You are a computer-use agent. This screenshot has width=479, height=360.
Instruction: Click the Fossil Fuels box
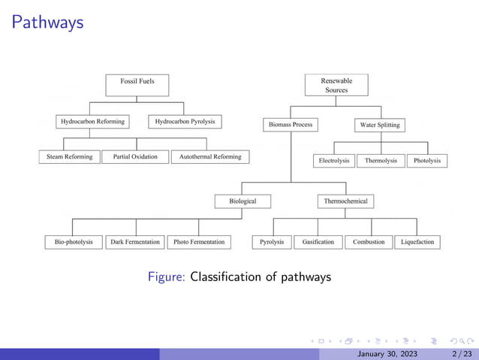pyautogui.click(x=137, y=81)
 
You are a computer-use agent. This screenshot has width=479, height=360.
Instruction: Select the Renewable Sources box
pyautogui.click(x=336, y=85)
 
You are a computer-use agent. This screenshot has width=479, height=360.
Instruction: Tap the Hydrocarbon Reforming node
pyautogui.click(x=92, y=121)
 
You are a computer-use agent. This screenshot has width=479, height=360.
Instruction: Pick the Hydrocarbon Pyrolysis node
pyautogui.click(x=185, y=121)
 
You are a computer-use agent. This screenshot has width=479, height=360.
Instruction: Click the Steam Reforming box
pyautogui.click(x=69, y=157)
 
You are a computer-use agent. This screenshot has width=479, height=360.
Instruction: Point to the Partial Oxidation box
pyautogui.click(x=135, y=157)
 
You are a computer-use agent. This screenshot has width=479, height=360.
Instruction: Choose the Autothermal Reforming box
pyautogui.click(x=210, y=157)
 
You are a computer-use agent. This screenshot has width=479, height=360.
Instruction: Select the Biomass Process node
pyautogui.click(x=291, y=124)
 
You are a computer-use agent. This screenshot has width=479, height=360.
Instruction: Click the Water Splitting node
pyautogui.click(x=379, y=125)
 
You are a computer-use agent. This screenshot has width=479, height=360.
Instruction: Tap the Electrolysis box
pyautogui.click(x=334, y=161)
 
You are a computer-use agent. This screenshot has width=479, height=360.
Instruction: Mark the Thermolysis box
pyautogui.click(x=381, y=161)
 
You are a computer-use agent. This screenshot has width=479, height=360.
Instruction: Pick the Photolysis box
pyautogui.click(x=427, y=161)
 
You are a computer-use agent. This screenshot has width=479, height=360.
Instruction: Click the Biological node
pyautogui.click(x=243, y=201)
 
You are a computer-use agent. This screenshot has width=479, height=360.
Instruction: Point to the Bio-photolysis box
pyautogui.click(x=74, y=242)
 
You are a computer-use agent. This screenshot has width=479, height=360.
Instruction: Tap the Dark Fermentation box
pyautogui.click(x=135, y=242)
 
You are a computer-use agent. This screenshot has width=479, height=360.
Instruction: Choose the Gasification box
pyautogui.click(x=318, y=242)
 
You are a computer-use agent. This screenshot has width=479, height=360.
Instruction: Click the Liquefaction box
pyautogui.click(x=417, y=242)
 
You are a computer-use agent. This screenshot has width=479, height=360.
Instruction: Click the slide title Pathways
pyautogui.click(x=47, y=23)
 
